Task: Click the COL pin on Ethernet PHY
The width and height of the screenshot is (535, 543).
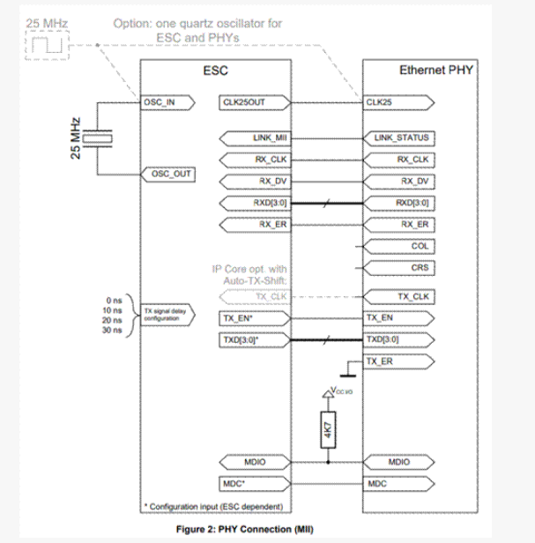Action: click(419, 246)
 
